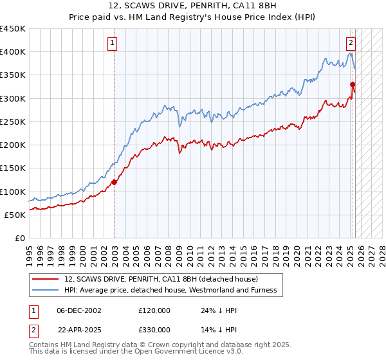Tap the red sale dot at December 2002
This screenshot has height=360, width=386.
point(115,182)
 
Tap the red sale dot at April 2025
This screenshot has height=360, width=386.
point(353,84)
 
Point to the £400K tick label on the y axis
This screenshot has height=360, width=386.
point(12,52)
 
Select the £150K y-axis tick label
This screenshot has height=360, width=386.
point(12,168)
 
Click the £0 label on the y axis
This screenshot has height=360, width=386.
point(19,239)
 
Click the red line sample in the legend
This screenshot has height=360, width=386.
point(45,279)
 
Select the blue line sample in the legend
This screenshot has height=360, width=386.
point(45,290)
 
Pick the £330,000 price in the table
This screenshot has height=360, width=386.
point(154,329)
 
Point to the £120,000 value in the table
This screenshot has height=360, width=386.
point(154,310)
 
